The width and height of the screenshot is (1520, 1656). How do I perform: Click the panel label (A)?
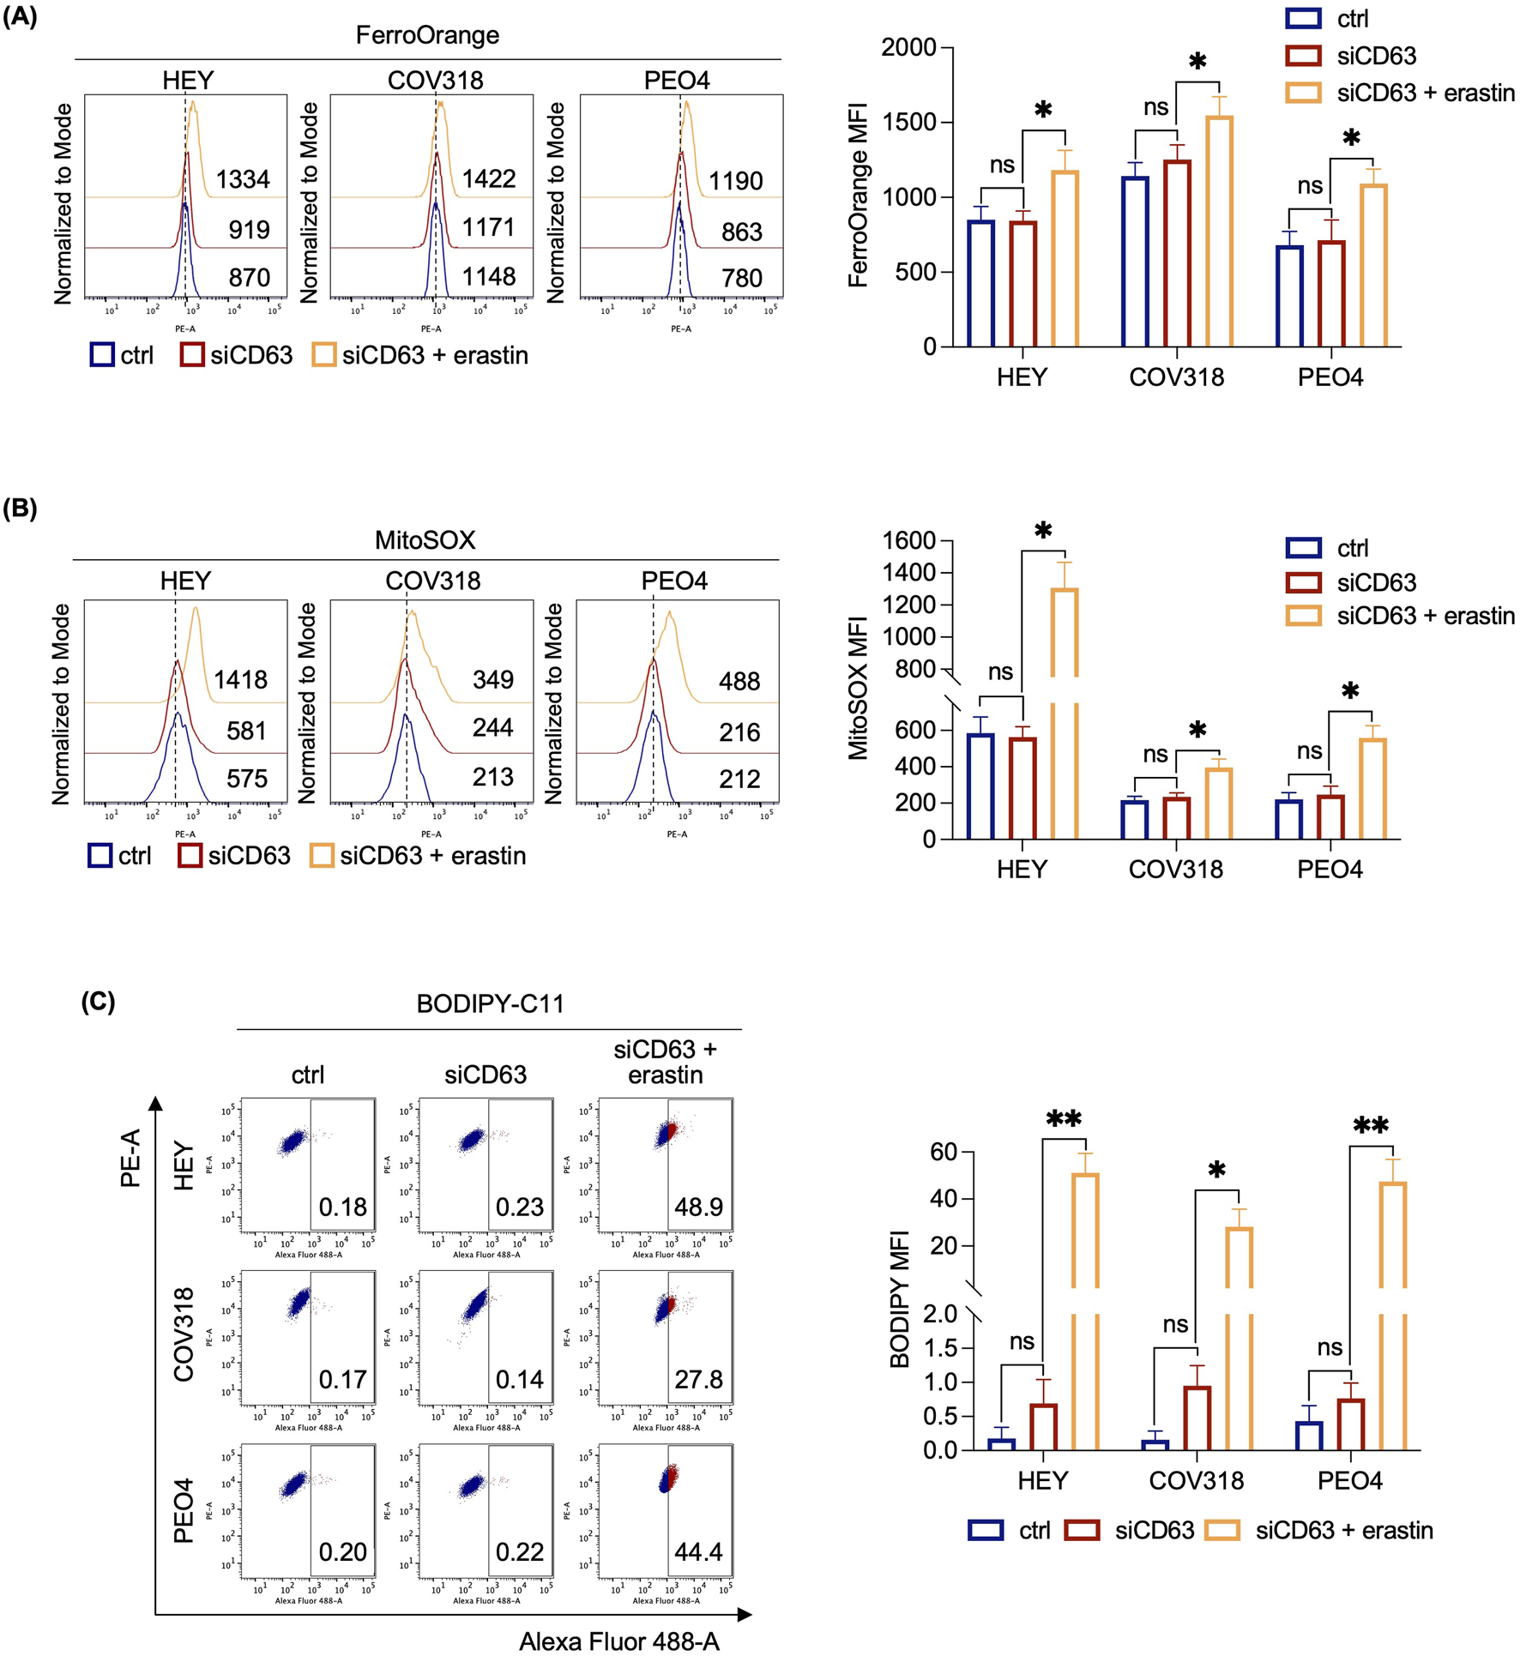(x=20, y=16)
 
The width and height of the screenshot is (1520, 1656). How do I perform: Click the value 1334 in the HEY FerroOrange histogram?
(x=243, y=179)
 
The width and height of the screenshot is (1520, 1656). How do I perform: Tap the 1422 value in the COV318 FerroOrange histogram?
(x=489, y=178)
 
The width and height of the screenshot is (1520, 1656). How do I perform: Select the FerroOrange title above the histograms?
(x=427, y=35)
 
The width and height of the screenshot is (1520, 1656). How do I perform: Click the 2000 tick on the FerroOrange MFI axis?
(x=908, y=47)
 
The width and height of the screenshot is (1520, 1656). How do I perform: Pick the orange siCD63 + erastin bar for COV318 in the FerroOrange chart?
(x=1219, y=232)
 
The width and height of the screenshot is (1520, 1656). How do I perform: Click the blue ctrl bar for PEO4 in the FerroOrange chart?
(x=1289, y=296)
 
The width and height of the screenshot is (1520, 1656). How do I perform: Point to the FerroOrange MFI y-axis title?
(x=859, y=195)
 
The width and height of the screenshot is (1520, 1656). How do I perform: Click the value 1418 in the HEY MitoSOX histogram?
(x=240, y=680)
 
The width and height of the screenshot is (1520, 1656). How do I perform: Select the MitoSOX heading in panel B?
(x=425, y=540)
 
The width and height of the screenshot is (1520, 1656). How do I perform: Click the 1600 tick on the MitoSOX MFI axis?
(x=908, y=540)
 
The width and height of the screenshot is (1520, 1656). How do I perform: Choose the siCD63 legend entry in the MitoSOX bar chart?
(x=1375, y=583)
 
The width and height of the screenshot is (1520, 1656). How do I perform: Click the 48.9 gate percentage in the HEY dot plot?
(x=698, y=1207)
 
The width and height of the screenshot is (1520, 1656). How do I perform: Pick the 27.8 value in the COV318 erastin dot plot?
(x=698, y=1380)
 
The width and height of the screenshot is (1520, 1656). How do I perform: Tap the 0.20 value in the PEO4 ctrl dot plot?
(x=342, y=1552)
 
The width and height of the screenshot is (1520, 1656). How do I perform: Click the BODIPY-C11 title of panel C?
(x=490, y=1003)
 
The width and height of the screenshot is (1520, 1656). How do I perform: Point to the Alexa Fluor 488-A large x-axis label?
(x=618, y=1641)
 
